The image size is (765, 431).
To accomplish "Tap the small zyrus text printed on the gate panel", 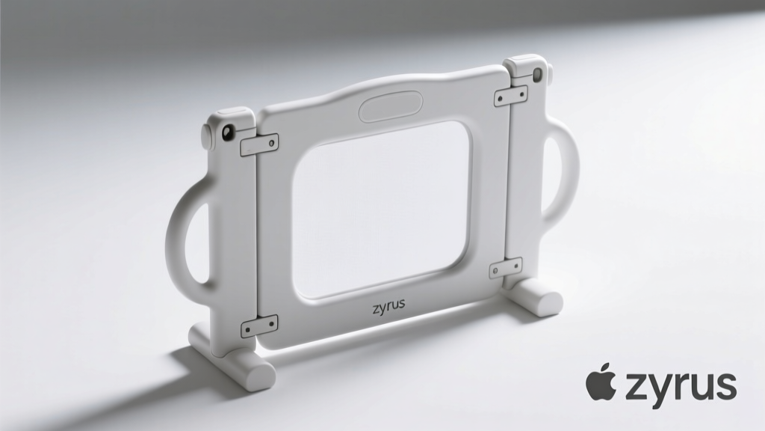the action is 388,307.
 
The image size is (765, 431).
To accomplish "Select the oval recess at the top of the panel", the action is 391,106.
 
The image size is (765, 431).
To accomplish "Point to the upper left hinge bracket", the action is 259,144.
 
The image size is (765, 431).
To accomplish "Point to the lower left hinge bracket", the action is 259,326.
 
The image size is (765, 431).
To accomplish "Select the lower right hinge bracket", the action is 506,268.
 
